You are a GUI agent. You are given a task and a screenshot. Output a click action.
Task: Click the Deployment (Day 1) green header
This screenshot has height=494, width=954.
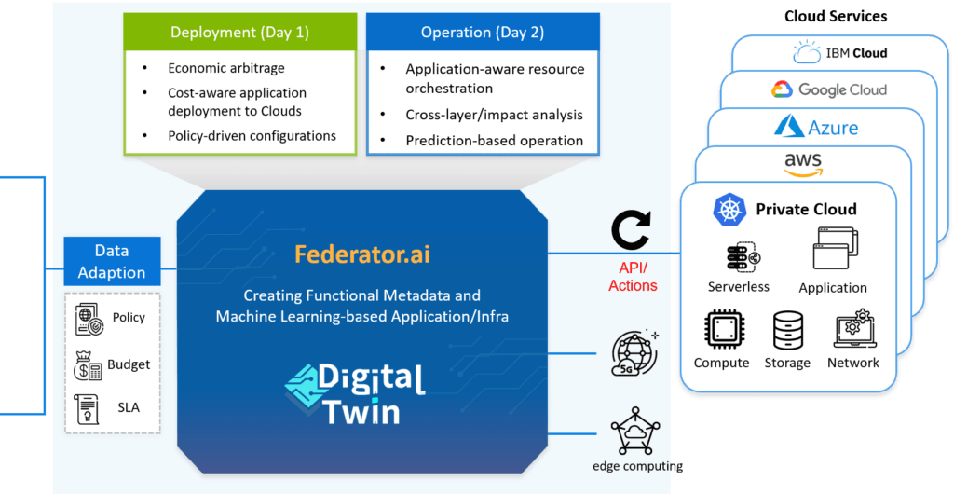coord(239,33)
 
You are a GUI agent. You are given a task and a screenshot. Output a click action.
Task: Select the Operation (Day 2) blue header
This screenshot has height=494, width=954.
coord(482,33)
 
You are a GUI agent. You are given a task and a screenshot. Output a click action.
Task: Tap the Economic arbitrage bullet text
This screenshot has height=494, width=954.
coord(226,68)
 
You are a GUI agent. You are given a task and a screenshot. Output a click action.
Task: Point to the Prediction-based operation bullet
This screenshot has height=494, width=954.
coord(494,141)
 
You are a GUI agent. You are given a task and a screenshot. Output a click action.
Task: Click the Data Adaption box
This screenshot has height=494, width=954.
coord(112,262)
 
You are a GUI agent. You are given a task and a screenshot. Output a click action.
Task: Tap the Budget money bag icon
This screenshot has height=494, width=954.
coord(88,365)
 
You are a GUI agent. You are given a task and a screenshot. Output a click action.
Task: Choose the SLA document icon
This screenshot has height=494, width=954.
coord(88,407)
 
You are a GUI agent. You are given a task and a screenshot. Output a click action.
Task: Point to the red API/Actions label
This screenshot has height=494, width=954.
coord(633,277)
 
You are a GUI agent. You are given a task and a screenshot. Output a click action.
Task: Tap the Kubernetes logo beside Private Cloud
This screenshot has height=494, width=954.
coord(729,209)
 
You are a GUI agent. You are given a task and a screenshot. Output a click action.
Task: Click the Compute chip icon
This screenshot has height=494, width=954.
coord(721,331)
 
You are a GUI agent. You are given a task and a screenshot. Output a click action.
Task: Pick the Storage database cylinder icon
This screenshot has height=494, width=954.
coord(787,331)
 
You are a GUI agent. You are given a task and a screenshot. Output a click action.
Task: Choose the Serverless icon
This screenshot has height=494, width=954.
coord(737,256)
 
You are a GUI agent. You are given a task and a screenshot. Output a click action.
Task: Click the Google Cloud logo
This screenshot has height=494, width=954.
coord(828,89)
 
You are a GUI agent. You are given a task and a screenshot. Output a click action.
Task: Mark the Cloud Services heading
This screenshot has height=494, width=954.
coord(836,16)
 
